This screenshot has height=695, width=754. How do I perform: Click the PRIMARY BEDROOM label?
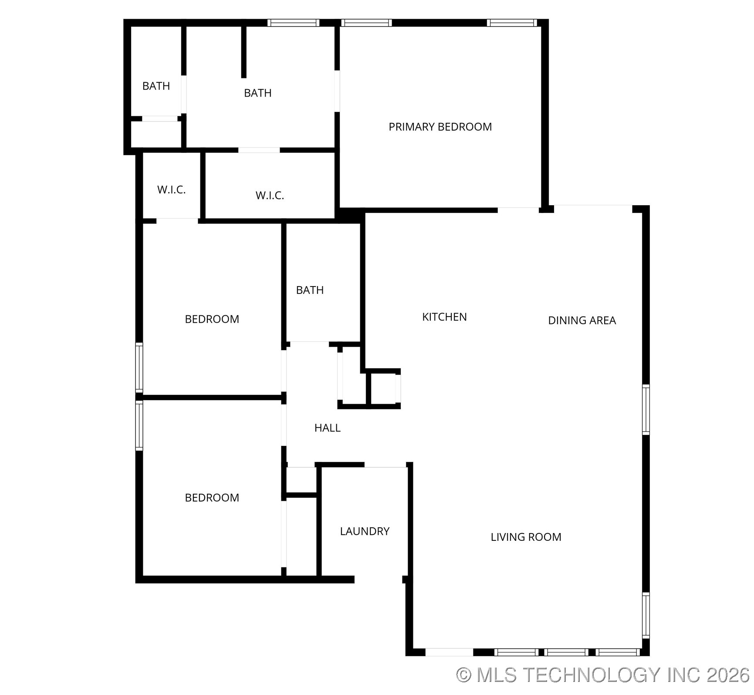click(440, 127)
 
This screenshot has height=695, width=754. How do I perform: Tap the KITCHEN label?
click(444, 317)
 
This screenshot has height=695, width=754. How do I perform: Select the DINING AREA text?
click(582, 321)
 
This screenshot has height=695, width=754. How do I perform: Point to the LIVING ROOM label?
click(526, 537)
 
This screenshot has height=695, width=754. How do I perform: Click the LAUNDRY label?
click(365, 531)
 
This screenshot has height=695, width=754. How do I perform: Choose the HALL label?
click(327, 428)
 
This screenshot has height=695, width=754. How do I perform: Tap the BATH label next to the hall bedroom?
click(310, 290)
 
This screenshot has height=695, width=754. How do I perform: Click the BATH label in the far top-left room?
click(156, 86)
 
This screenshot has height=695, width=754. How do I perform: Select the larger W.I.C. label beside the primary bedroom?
click(270, 196)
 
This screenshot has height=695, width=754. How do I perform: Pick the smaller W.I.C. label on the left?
click(171, 190)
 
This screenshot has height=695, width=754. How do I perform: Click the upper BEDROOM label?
click(212, 319)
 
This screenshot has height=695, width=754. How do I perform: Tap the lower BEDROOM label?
click(212, 498)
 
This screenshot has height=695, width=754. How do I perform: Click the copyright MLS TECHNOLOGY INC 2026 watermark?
click(603, 675)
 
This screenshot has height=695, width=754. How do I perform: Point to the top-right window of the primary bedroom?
click(511, 23)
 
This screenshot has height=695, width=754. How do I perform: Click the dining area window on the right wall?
click(646, 409)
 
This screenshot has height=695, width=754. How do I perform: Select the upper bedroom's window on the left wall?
click(139, 367)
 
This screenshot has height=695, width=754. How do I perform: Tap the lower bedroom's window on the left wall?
click(139, 425)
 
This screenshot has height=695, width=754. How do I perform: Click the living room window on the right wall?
click(646, 615)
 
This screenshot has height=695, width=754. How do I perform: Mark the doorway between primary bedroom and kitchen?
click(518, 210)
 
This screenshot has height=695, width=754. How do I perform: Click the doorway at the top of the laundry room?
click(385, 465)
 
